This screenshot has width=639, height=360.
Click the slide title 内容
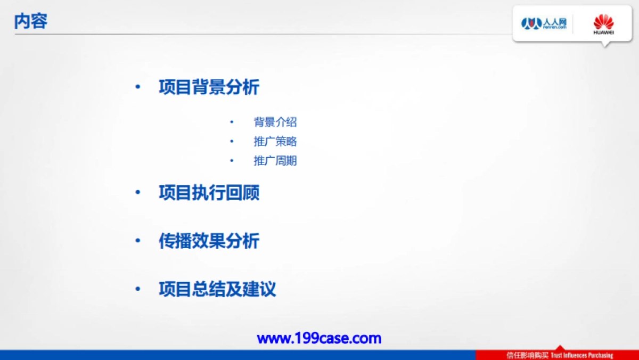pos(31,21)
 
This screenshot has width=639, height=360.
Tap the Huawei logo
pos(603,24)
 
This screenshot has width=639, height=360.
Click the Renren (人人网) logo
pos(543,23)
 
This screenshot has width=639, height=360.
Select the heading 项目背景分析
pos(209,87)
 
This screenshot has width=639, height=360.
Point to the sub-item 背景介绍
pos(275,122)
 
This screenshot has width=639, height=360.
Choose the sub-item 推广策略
pos(275,142)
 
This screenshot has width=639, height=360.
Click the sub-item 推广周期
pos(275,161)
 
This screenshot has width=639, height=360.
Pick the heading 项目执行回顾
pos(209,193)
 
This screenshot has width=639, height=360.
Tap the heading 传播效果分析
pos(209,241)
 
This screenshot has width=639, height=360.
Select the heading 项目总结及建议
pos(217,290)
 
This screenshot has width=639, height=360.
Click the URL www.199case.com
pos(319,338)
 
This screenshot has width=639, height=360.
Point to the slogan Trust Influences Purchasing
pos(582,355)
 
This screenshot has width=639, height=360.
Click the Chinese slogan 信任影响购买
pos(527,355)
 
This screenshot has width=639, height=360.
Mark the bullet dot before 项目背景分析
pos(138,87)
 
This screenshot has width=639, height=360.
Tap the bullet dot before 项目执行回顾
pos(138,193)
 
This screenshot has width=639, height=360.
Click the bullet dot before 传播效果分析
pos(138,241)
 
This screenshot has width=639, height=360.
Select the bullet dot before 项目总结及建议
pos(138,290)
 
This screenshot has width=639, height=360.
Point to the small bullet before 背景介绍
pos(232,122)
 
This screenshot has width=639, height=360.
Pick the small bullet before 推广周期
pos(232,161)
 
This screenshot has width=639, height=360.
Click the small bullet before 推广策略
pos(232,142)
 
